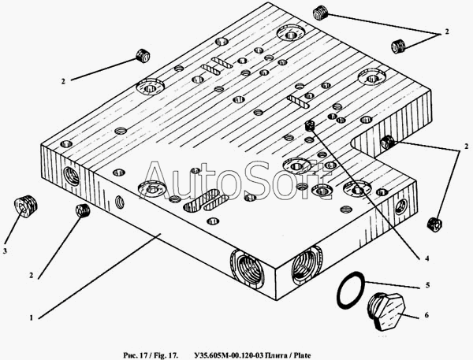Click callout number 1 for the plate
(31, 317)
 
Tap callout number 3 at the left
(5, 251)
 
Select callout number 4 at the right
(426, 258)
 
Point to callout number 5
(427, 285)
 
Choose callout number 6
(426, 315)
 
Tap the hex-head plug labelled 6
(386, 311)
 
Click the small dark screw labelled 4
(310, 125)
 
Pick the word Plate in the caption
(302, 356)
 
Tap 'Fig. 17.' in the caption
(165, 356)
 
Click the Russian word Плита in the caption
(274, 356)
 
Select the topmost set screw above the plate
(320, 14)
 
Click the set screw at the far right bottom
(434, 225)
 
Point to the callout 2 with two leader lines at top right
(447, 32)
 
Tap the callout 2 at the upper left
(63, 81)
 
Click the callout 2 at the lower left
(31, 275)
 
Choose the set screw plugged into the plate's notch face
(387, 142)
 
